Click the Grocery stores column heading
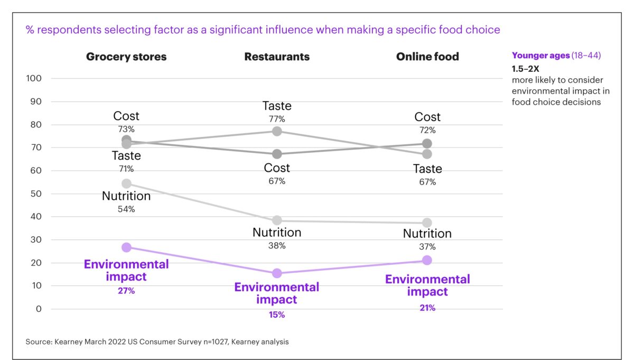[126, 57]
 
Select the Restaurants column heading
[277, 57]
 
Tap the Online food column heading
[427, 57]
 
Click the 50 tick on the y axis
[36, 193]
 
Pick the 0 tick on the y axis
[38, 309]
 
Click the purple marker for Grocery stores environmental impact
[126, 247]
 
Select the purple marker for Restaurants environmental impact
[277, 273]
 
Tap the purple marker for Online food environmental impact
[427, 260]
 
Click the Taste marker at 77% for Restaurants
[277, 131]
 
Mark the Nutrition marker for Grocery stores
[126, 183]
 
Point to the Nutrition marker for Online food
[427, 223]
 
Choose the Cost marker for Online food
[427, 143]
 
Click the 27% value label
[126, 291]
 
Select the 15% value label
[277, 315]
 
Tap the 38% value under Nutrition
[277, 245]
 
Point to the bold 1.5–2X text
[525, 69]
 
